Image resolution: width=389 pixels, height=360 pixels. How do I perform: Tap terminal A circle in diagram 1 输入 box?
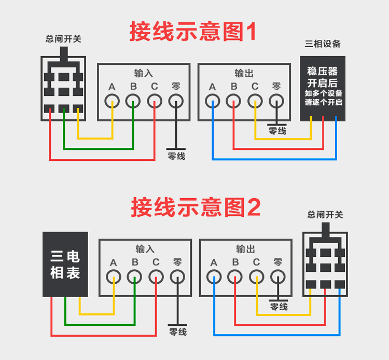(113, 101)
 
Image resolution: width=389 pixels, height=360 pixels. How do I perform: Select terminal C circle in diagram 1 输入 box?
(155, 101)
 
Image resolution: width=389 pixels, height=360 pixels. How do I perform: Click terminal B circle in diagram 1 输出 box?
(234, 101)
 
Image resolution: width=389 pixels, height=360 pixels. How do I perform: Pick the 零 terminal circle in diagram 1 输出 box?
(276, 101)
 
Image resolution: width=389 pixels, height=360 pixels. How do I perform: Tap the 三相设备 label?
(323, 44)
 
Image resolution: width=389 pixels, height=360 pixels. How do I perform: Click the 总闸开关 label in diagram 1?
(64, 39)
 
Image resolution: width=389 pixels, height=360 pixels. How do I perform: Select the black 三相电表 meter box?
(65, 265)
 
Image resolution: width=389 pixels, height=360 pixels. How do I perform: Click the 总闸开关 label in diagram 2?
(325, 215)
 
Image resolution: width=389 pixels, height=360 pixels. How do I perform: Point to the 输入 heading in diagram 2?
(145, 249)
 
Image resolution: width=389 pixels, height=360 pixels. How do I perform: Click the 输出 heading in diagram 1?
(244, 74)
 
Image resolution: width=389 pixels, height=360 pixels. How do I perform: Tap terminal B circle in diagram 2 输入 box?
(135, 276)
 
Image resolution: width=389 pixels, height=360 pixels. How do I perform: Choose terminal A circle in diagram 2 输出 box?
(214, 276)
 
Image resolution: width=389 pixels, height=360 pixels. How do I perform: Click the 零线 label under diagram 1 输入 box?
(176, 156)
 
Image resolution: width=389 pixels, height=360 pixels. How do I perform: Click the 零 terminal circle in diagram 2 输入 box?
(177, 276)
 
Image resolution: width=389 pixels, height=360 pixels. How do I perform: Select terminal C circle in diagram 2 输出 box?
(256, 276)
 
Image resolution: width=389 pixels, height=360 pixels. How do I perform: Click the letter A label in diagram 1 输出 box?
(212, 87)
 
